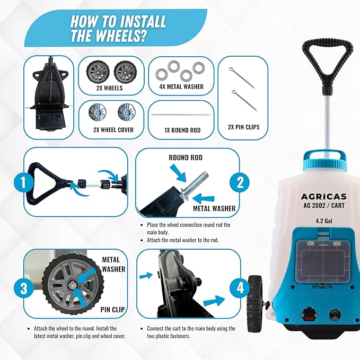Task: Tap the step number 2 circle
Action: [x=240, y=183]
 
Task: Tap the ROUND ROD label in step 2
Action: [x=186, y=157]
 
